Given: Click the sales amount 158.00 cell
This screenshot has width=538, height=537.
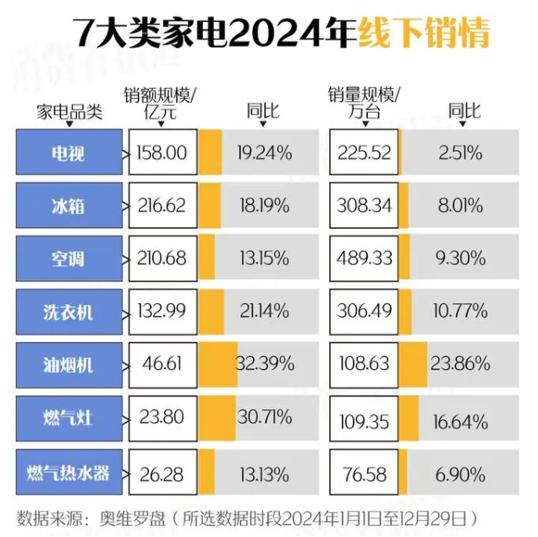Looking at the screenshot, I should point(162,153).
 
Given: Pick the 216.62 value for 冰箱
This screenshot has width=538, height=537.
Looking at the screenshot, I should point(162,206).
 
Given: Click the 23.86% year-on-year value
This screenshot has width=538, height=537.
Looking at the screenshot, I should point(462,364).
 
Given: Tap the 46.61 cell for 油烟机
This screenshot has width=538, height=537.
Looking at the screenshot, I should point(162,364).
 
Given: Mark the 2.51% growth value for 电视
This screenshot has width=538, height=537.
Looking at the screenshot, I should point(462,153).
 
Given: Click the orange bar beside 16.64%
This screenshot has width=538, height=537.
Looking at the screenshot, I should point(414,418).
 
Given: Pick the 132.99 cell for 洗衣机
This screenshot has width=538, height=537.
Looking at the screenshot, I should point(162,312).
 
